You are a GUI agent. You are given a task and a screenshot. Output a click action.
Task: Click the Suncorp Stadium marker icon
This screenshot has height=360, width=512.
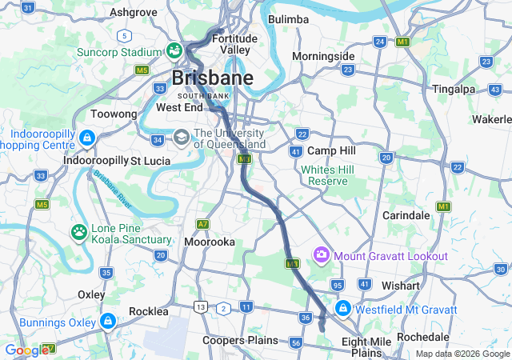pos(174,50)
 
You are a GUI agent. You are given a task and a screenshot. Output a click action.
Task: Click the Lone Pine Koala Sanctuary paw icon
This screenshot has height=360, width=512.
pos(79,233)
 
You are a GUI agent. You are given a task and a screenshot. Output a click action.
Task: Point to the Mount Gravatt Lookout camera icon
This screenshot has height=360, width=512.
pos(322,255)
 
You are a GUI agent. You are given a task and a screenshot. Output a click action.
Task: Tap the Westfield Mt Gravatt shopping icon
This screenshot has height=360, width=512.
pos(342,308)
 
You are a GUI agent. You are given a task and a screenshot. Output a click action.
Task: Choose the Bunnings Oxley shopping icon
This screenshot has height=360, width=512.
pos(107,321)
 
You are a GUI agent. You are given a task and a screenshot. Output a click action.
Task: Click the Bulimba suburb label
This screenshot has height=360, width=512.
pos(289,18)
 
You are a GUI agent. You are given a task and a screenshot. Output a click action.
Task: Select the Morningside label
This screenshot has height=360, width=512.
pos(323,56)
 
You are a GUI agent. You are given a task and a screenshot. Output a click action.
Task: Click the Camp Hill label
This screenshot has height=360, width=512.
pos(331,150)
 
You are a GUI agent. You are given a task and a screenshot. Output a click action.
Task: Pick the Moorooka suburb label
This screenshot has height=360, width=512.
pos(209,241)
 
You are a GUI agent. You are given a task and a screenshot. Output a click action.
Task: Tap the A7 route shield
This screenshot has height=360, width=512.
pos(204,224)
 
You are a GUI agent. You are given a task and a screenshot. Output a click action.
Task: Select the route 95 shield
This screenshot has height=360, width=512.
pos(338,285)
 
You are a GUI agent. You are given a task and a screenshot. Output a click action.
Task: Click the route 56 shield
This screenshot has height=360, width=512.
pos(296,342)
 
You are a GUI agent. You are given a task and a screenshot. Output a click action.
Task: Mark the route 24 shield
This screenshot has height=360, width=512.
pos(380,41)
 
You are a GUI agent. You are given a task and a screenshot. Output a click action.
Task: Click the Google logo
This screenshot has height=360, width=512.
pos(26,350)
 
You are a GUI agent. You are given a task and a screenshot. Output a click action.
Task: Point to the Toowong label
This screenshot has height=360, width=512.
pos(114,114)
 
